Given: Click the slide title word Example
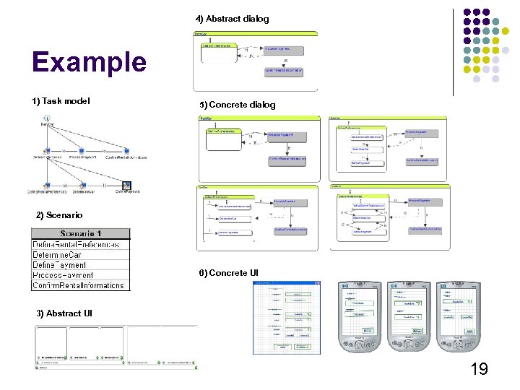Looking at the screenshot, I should (89, 62).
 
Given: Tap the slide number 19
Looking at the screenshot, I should (479, 370).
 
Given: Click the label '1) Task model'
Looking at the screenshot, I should (61, 101).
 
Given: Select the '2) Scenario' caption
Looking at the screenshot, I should (59, 215).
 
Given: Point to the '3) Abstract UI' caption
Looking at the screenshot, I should (64, 313).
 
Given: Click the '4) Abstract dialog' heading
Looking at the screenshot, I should (232, 19).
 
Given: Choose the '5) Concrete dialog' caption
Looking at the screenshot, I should (238, 105).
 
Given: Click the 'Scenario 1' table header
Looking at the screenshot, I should (81, 234).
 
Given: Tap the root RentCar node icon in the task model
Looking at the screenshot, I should (47, 117).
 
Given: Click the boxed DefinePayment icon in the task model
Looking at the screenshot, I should (127, 186).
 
